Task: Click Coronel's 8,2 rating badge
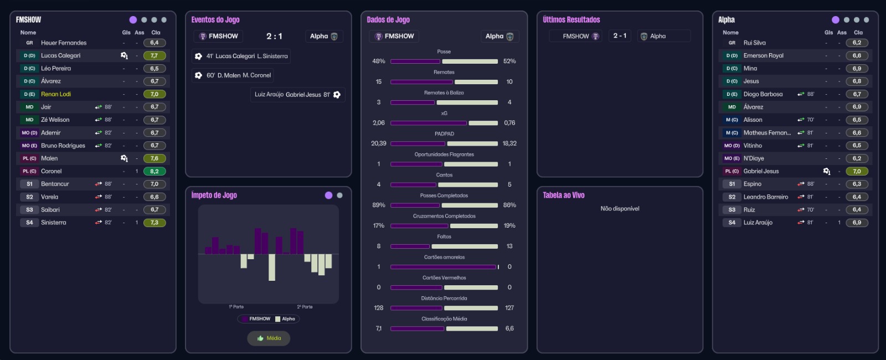(x=154, y=171)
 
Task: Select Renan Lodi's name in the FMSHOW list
(x=56, y=94)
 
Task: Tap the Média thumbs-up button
(x=269, y=338)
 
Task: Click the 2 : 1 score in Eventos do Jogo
(x=274, y=37)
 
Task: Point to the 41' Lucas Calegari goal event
(x=241, y=56)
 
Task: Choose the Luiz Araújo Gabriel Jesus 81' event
(x=298, y=95)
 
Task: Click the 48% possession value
(x=379, y=61)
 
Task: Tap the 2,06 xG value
(x=379, y=123)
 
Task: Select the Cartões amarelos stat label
(x=444, y=257)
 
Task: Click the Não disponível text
(x=620, y=209)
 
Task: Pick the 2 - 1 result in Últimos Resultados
(x=620, y=36)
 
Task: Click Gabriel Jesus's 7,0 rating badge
(x=857, y=171)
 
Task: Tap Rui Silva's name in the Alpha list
(x=754, y=43)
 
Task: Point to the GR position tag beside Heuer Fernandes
(x=29, y=43)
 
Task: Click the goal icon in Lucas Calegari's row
(x=124, y=55)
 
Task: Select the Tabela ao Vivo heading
(x=564, y=195)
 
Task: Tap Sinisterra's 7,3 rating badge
(x=154, y=223)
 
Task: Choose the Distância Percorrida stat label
(x=444, y=298)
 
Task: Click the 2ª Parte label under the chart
(x=305, y=307)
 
